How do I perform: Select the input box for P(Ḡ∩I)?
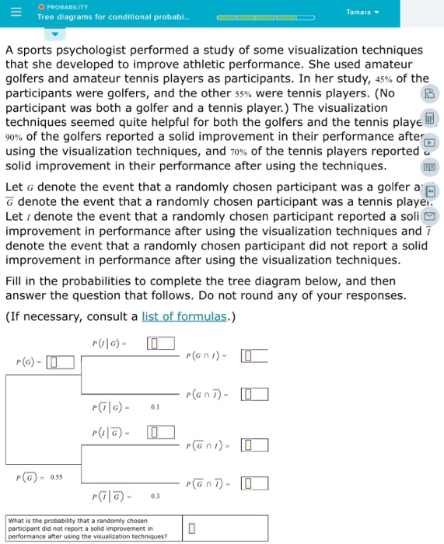coord(253,445)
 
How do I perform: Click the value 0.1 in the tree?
coord(155,406)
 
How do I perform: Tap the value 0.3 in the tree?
coord(155,497)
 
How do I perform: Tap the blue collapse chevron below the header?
coord(54,35)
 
